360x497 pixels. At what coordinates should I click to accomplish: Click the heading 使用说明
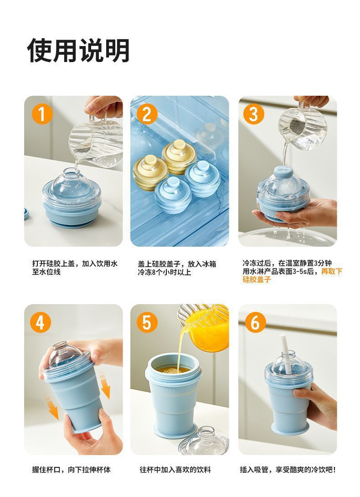click(x=78, y=51)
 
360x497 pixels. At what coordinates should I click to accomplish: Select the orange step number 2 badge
click(x=147, y=114)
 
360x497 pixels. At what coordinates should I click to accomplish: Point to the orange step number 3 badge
click(x=253, y=114)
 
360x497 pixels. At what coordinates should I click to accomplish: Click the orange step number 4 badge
click(x=41, y=322)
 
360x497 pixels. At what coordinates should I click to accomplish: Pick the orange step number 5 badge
click(x=147, y=322)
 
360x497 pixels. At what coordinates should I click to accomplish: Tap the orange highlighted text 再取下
click(x=331, y=272)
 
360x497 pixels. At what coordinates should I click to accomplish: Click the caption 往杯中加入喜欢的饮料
click(x=175, y=470)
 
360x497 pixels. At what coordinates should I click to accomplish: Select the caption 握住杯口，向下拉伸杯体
click(x=71, y=470)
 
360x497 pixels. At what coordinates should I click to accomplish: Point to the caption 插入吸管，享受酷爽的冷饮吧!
click(x=288, y=470)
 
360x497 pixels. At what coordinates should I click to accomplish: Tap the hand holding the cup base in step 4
click(x=92, y=431)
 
